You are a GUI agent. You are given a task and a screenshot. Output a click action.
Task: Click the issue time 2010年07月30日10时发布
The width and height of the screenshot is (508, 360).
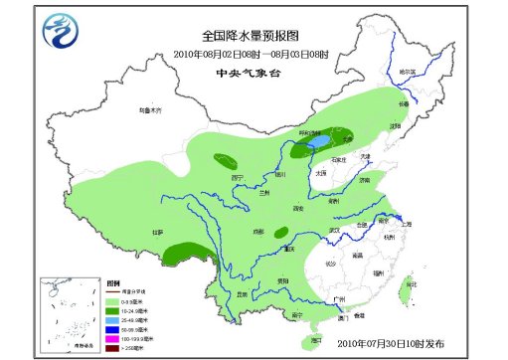[391, 341]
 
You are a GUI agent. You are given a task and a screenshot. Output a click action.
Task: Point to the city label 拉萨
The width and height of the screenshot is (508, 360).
[157, 232]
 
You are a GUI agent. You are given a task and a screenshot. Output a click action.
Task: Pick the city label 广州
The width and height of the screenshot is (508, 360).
[340, 298]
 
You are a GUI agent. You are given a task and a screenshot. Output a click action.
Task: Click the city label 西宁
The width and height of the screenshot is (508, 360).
[237, 176]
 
